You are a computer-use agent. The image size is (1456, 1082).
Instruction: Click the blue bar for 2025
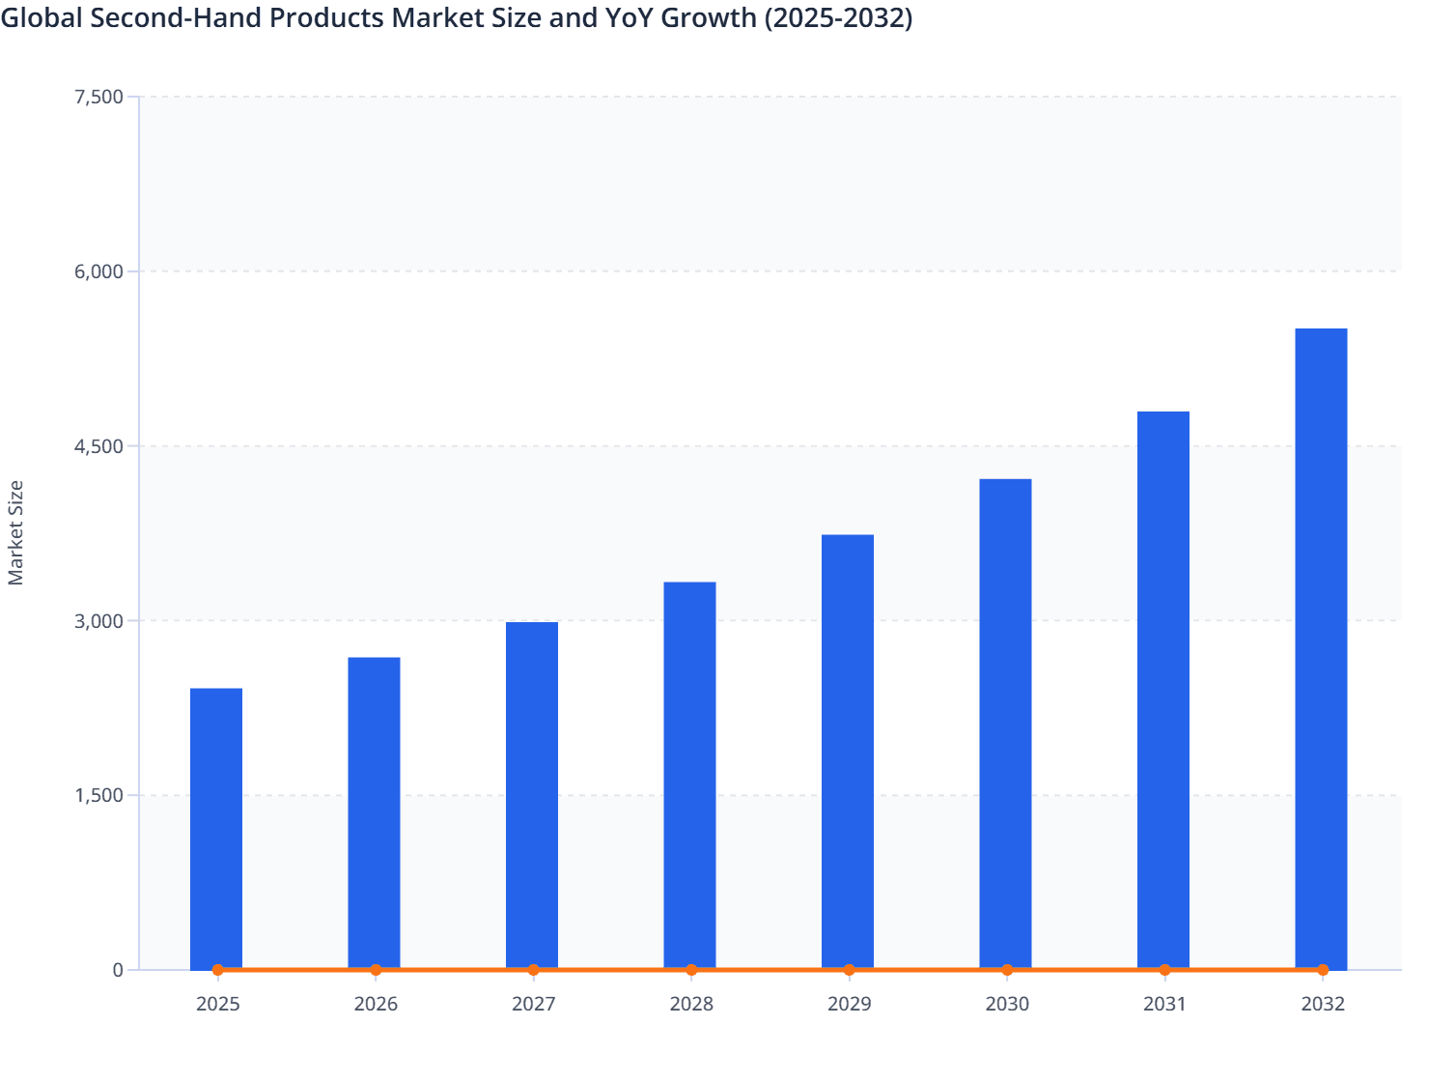(216, 828)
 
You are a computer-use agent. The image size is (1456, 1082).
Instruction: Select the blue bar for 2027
(532, 795)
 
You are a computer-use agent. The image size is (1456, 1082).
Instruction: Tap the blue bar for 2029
(848, 752)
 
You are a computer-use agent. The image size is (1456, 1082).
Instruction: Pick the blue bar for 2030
(1005, 724)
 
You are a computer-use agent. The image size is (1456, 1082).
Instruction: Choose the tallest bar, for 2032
(1321, 648)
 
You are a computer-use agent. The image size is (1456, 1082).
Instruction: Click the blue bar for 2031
(1163, 690)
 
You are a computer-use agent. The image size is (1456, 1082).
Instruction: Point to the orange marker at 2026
(376, 970)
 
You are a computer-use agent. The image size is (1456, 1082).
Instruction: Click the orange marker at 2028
(691, 970)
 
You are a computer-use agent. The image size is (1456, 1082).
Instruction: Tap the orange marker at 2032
(1323, 970)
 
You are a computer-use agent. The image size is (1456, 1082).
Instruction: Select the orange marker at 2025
(217, 970)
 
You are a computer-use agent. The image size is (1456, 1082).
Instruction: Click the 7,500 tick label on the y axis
(98, 97)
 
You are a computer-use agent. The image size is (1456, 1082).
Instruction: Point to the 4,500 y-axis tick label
(98, 446)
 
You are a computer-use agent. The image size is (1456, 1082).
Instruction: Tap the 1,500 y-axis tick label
(98, 796)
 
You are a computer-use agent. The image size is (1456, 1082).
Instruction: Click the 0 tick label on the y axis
(118, 970)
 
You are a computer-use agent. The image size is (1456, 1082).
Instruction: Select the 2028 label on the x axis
(691, 1005)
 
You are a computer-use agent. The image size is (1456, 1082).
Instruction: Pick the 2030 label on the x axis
(1007, 1005)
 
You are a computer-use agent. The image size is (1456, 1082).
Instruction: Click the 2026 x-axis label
(376, 1005)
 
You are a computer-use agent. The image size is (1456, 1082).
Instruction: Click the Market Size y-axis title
(15, 532)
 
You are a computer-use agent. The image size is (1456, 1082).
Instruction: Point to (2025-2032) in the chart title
(838, 17)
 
